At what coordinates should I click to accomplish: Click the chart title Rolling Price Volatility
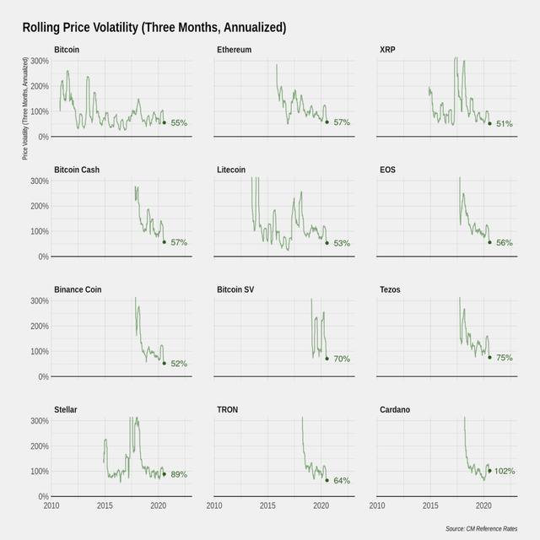tap(154, 27)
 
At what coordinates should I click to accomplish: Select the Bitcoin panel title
tap(67, 50)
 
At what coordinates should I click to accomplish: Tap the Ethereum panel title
tap(234, 50)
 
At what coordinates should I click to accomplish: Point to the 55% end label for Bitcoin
tap(179, 123)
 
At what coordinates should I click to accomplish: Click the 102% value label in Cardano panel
tap(505, 471)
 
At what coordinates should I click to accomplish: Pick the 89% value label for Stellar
tap(179, 474)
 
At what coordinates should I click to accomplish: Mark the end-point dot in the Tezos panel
tap(489, 357)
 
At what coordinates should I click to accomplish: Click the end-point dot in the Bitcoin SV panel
tap(327, 358)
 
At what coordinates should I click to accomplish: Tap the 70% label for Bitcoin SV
tap(342, 359)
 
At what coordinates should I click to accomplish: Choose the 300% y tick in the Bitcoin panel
tap(39, 61)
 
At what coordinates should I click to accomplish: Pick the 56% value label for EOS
tap(505, 243)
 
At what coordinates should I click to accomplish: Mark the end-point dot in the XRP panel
tap(489, 123)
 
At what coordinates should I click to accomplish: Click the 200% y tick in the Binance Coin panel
tap(39, 326)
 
